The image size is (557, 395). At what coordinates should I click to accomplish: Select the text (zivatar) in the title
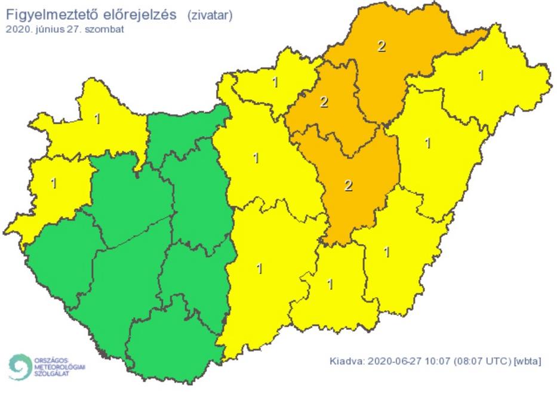click(210, 16)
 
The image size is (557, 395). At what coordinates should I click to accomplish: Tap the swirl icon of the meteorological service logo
click(20, 366)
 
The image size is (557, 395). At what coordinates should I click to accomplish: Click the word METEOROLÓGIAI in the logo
click(60, 367)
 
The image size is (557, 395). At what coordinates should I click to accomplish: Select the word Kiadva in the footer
click(347, 362)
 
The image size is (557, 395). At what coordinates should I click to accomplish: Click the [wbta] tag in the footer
click(528, 362)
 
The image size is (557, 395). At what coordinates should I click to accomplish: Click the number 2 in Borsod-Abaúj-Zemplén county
click(381, 46)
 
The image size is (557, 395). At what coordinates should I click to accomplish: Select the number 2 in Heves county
click(324, 102)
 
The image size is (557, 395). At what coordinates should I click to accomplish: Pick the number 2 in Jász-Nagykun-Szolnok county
click(349, 186)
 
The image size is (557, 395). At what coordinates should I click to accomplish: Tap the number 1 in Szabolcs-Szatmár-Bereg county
click(481, 75)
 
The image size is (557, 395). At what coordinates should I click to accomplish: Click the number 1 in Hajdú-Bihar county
click(427, 143)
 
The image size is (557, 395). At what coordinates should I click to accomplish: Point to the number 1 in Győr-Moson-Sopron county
click(97, 119)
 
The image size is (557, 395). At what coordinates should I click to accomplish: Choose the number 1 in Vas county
click(54, 183)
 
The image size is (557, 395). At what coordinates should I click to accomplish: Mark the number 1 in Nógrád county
click(275, 82)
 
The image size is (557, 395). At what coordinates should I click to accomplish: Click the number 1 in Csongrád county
click(330, 284)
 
